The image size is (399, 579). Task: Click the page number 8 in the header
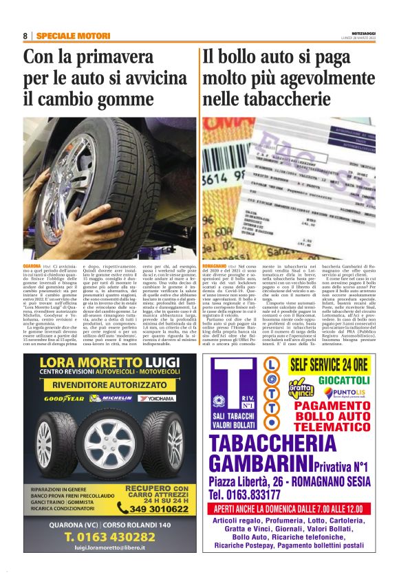click(25, 36)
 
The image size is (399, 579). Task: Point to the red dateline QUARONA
click(32, 265)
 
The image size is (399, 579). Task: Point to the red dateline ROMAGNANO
click(215, 265)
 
